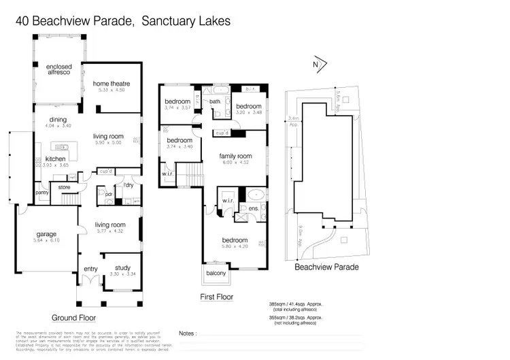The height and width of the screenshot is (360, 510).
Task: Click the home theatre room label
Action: click(112, 84)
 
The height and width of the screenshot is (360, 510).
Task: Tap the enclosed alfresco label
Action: click(59, 70)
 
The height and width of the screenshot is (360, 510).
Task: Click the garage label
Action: click(47, 235)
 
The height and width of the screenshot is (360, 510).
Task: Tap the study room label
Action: click(122, 267)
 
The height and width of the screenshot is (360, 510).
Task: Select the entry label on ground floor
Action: click(91, 269)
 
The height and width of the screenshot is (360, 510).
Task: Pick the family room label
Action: click(235, 156)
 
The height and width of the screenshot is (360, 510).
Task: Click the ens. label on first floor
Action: click(252, 208)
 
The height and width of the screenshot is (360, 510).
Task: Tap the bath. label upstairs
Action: click(216, 102)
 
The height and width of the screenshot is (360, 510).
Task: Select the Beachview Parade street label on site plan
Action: click(326, 267)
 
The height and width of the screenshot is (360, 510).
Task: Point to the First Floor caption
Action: click(217, 297)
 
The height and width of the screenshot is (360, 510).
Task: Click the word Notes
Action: click(186, 334)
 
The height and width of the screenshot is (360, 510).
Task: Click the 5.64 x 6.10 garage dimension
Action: click(47, 240)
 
